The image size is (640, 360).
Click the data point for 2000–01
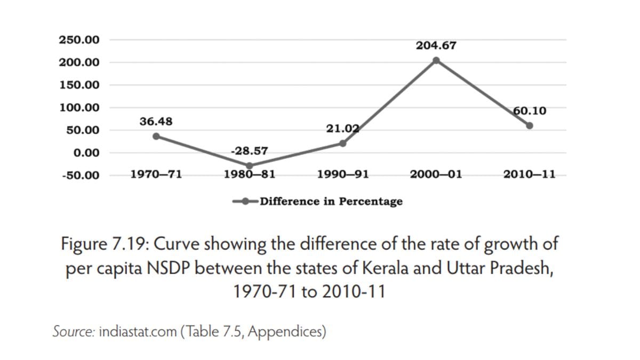pos(436,60)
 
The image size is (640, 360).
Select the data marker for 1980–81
pos(249,166)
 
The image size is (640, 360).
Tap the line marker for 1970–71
pos(156,136)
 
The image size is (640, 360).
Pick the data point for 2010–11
pos(530,126)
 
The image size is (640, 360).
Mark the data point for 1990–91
pos(342,143)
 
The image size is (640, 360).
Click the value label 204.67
pos(436,46)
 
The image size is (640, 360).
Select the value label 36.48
pos(156,122)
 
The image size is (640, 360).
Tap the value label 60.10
pos(530,111)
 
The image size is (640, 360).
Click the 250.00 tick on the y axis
pos(79,40)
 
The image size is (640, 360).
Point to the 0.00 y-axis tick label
pos(86,153)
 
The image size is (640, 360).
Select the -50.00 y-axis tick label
pos(81,175)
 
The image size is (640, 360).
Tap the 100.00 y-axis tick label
pos(79,108)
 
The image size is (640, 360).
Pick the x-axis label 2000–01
pos(436,174)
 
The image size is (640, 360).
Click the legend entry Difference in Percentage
pos(331,202)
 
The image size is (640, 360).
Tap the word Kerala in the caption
pos(384,268)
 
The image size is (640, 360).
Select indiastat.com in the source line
pos(138,332)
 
